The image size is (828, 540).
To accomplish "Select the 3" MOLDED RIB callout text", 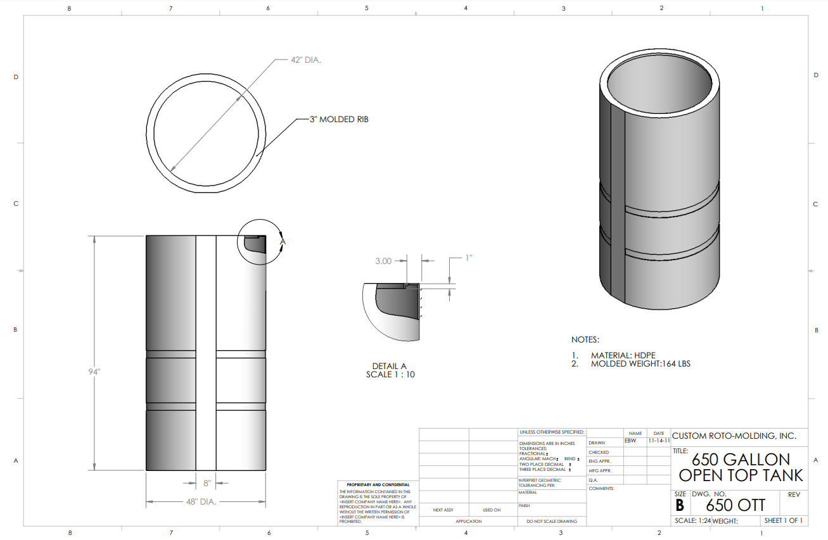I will point(339,119).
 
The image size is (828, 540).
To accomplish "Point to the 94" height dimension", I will point(94,372).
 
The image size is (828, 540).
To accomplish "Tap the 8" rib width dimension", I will point(207,484).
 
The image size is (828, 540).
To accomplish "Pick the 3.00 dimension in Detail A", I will point(384,260).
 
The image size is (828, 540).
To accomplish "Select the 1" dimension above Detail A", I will point(469,258).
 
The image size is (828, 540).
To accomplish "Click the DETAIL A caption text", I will point(390,366).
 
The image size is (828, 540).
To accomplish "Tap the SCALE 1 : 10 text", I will point(390,374).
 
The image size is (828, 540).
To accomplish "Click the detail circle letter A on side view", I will point(283,241).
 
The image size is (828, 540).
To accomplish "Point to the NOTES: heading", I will point(585,340).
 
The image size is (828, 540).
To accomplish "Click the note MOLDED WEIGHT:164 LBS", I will point(640,364).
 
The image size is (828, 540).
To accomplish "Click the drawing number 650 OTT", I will point(736,505).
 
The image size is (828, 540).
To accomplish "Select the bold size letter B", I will point(680,506).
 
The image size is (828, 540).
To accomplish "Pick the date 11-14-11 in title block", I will point(658,441).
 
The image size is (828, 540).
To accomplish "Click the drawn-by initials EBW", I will point(630,441).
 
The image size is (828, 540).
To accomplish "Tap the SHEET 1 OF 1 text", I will point(784,521).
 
